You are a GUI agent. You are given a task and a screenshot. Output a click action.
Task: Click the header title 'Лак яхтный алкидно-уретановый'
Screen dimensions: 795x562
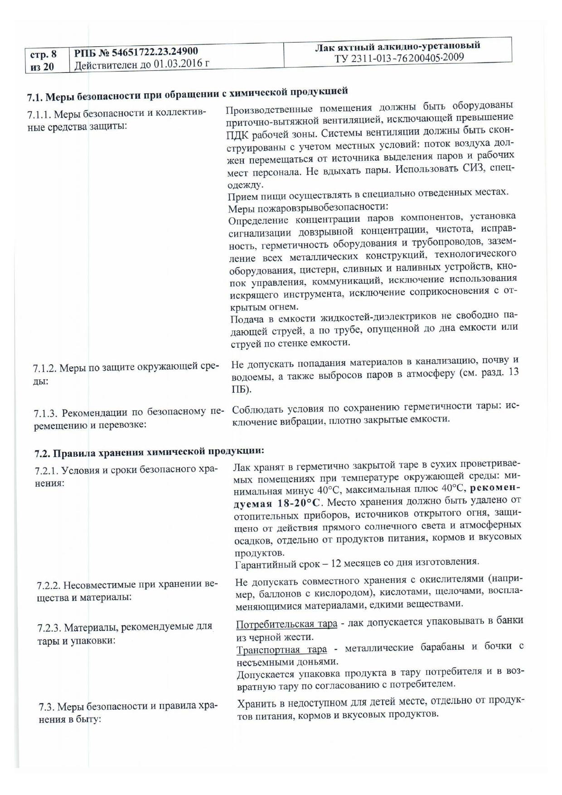tap(397, 46)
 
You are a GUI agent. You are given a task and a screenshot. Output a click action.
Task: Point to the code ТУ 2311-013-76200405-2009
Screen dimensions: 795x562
tap(399, 58)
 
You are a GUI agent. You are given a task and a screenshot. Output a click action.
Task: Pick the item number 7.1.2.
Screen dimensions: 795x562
tap(45, 368)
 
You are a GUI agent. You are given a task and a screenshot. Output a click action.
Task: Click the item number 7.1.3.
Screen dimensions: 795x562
tap(46, 413)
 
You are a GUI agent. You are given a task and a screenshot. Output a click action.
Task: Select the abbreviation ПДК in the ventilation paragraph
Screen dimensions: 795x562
tap(237, 134)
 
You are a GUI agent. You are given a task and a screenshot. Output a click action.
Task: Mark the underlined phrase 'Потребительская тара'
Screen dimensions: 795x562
tap(286, 624)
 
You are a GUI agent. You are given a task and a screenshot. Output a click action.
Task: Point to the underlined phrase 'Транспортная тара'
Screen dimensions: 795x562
tap(281, 650)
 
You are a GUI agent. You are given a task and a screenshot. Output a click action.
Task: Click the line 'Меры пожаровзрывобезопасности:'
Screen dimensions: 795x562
tap(308, 208)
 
